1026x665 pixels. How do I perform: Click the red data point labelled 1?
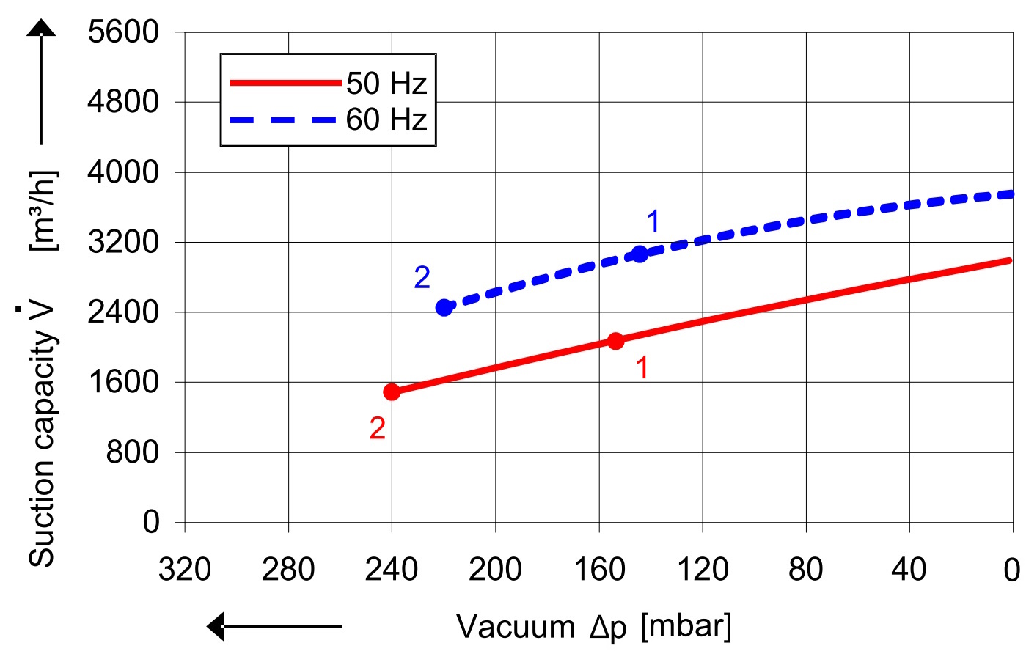coord(615,341)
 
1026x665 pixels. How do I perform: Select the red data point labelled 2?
coord(392,392)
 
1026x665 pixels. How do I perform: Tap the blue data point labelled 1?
coord(640,254)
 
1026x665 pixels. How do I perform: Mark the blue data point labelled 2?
coord(444,307)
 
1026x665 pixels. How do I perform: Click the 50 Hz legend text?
coord(386,84)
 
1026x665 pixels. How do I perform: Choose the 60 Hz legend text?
coord(386,120)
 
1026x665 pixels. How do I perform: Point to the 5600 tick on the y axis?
coord(123,32)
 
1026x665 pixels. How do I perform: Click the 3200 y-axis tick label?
coord(123,241)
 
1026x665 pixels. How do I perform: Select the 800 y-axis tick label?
coord(133,452)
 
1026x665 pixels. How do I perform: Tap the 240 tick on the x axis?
coord(392,570)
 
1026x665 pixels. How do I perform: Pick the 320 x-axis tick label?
coord(185,570)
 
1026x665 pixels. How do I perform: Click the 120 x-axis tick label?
coord(702,570)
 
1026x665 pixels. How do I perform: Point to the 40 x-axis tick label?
coord(909,570)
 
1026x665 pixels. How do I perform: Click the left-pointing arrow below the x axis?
coord(274,627)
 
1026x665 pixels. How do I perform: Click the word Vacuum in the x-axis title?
coord(516,628)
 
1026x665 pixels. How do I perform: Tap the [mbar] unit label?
coord(686,627)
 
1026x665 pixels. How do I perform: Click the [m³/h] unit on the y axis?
coord(43,211)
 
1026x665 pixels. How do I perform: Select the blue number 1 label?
coord(653,221)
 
